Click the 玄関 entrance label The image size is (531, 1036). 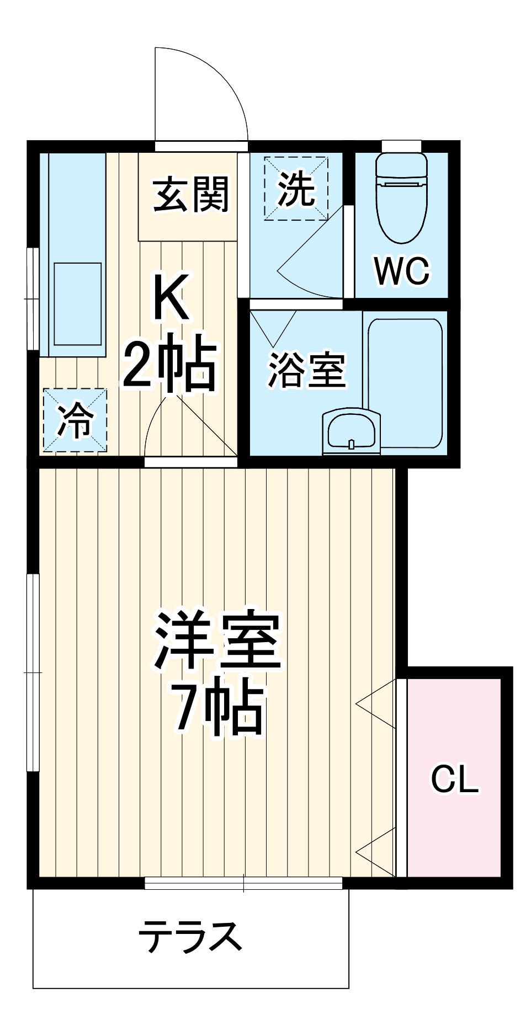[190, 195]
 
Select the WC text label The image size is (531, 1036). [401, 271]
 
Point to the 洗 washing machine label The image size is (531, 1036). [296, 189]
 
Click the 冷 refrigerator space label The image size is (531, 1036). [75, 420]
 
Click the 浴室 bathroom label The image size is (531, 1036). [307, 369]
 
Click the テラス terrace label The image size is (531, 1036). [190, 936]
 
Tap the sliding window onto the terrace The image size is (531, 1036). [243, 883]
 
